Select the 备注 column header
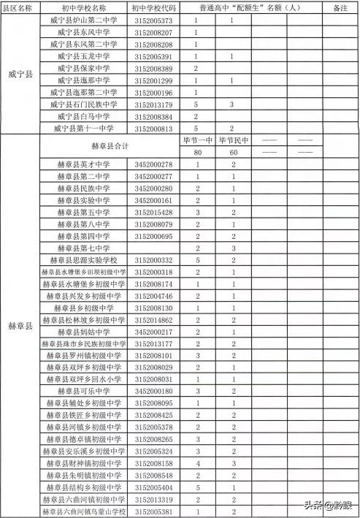coord(339,8)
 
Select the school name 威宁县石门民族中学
coord(84,104)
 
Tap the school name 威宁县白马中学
coord(84,116)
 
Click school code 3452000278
coord(153,164)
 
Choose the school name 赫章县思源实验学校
coord(84,260)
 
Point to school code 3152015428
coord(153,212)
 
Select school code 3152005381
coord(153,511)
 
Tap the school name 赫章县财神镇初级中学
coord(84,462)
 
